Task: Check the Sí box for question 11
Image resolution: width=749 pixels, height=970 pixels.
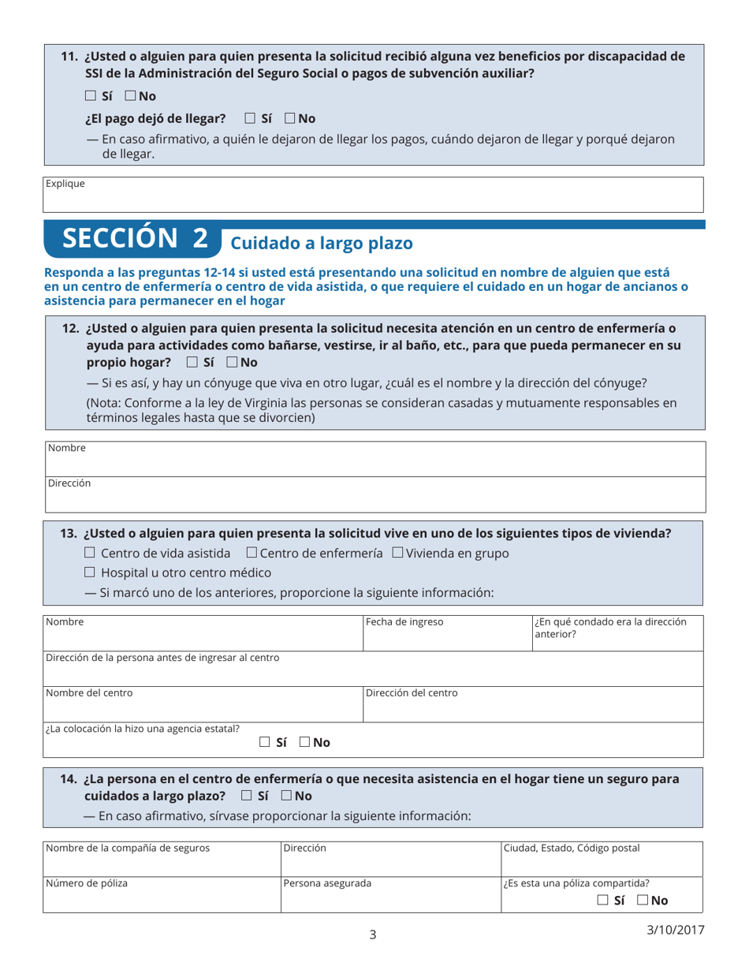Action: [x=91, y=96]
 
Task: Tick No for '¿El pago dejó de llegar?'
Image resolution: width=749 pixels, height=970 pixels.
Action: [x=290, y=119]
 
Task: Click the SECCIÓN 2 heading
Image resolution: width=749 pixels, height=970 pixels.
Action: [x=136, y=240]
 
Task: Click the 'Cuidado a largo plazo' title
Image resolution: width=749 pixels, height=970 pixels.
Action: [x=321, y=243]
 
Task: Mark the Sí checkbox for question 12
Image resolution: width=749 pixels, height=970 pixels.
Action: [x=192, y=363]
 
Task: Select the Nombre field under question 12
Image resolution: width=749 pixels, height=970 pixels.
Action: [x=373, y=459]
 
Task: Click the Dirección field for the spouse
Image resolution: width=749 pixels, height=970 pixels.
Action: [x=373, y=494]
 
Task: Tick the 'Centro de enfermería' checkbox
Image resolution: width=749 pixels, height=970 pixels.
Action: [x=252, y=554]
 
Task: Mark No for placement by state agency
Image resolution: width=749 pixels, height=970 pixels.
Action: [x=304, y=742]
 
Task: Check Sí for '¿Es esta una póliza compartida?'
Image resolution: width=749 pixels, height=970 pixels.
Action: [x=602, y=900]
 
